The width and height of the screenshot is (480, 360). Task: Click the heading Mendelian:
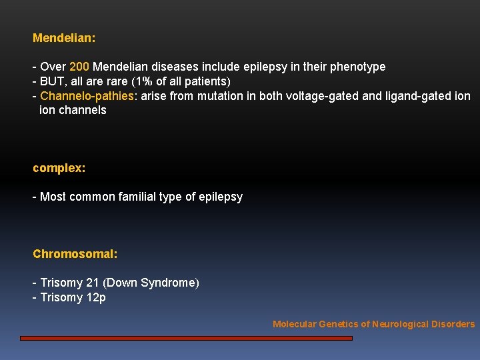pyautogui.click(x=64, y=38)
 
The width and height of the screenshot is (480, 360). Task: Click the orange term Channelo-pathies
pyautogui.click(x=87, y=96)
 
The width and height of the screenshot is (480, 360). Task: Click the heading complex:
pyautogui.click(x=59, y=168)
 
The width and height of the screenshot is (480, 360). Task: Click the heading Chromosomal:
pyautogui.click(x=75, y=254)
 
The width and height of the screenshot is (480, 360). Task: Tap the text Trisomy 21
pyautogui.click(x=69, y=283)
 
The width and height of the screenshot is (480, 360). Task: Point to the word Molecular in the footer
pyautogui.click(x=294, y=324)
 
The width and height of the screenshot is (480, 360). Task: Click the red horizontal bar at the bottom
pyautogui.click(x=186, y=338)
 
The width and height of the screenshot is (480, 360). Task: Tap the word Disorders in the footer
pyautogui.click(x=454, y=324)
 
